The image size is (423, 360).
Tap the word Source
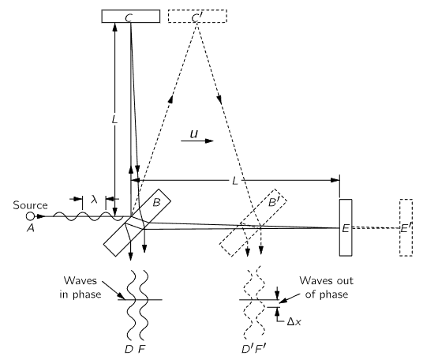[30, 205]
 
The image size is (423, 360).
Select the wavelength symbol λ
[94, 200]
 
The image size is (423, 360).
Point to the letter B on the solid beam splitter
[157, 202]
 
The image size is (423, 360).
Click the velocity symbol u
[193, 134]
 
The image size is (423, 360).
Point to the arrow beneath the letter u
[197, 141]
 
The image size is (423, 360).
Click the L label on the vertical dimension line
[114, 119]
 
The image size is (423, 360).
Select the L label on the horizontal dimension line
[235, 181]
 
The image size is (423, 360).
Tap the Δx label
[294, 321]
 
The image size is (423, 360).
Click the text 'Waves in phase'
[80, 287]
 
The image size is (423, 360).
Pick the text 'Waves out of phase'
[327, 287]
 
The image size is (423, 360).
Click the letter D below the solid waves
[129, 350]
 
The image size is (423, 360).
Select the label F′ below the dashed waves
[260, 350]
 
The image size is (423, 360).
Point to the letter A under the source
[31, 229]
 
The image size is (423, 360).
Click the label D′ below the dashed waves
[247, 350]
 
